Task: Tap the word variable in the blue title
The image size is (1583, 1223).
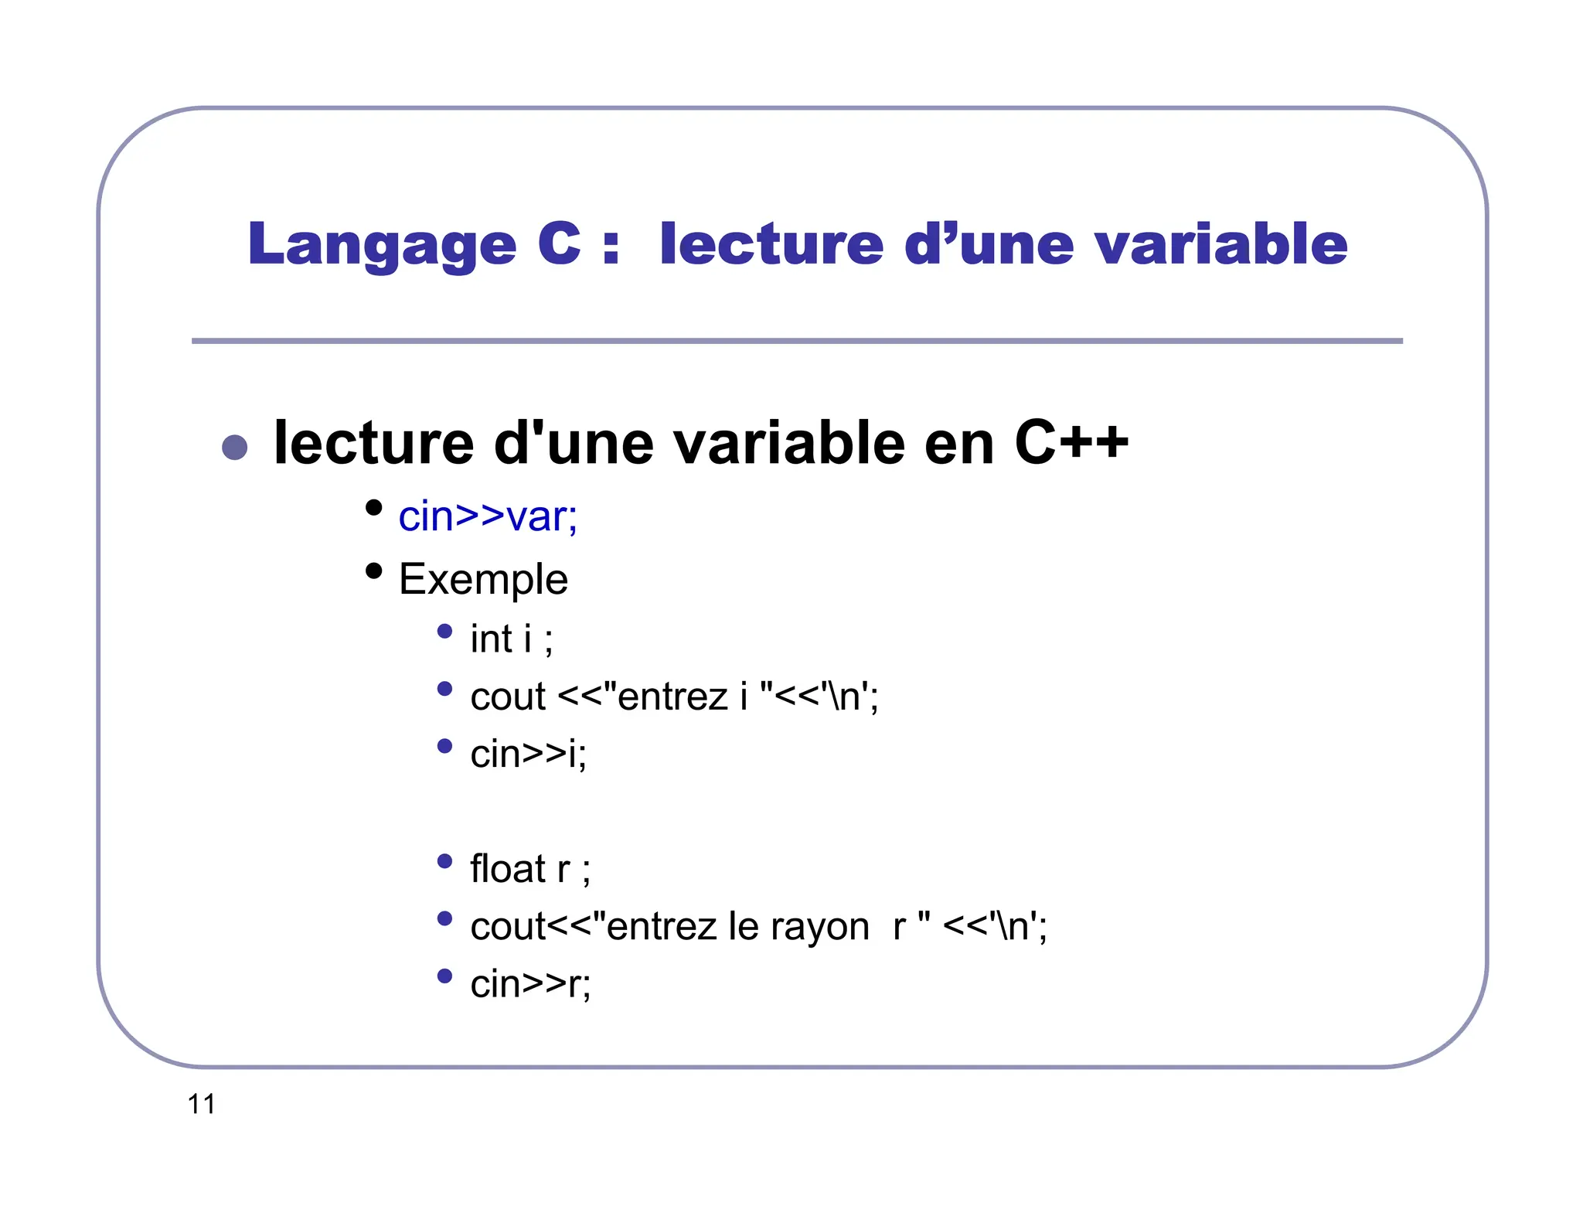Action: (x=1221, y=244)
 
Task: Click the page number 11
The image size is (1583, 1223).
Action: (x=201, y=1104)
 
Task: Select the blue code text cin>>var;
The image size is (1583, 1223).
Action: (x=488, y=516)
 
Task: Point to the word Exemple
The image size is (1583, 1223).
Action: (x=483, y=579)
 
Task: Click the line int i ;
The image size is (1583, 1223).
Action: (x=511, y=639)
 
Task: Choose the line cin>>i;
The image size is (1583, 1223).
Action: (x=528, y=754)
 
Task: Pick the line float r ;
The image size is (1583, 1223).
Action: (x=529, y=869)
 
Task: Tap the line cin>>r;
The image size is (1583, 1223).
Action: (x=530, y=984)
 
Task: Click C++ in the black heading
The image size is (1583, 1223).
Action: (x=1071, y=443)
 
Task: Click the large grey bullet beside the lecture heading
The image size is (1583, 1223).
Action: (x=234, y=447)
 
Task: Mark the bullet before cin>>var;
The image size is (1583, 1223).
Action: (x=374, y=508)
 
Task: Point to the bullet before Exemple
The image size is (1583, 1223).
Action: (x=374, y=571)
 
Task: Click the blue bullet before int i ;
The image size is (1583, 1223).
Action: (x=444, y=631)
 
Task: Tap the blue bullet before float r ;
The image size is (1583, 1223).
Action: (x=444, y=860)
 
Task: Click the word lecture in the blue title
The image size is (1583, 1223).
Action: (x=771, y=244)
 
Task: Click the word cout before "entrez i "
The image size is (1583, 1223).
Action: (x=508, y=697)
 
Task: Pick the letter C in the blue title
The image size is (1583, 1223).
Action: (x=559, y=244)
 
